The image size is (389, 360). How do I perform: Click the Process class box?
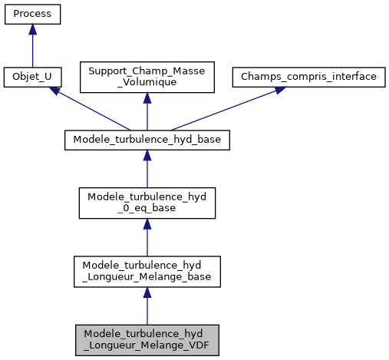(32, 15)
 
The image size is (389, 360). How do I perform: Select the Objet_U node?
(32, 78)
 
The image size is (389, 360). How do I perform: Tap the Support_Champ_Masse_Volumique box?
(147, 78)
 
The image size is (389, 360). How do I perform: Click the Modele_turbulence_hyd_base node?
(147, 140)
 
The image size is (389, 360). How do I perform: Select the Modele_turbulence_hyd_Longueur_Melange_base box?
(147, 272)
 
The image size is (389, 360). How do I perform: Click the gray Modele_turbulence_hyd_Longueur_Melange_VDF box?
(147, 339)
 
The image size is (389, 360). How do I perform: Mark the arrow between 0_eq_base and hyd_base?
(147, 170)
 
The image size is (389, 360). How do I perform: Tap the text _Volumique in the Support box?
(147, 84)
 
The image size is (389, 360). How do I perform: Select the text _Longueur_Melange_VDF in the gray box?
(147, 345)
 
